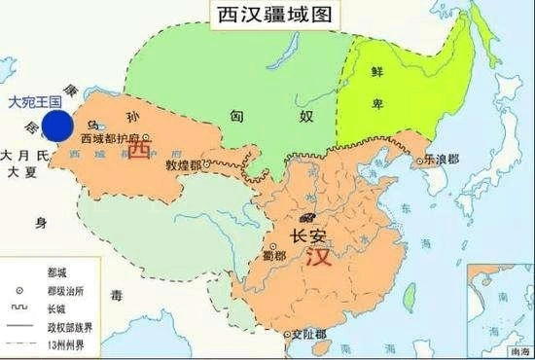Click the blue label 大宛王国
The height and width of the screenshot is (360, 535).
(x=35, y=100)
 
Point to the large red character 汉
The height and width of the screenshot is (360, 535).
(x=317, y=260)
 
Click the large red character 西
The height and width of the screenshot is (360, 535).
(x=141, y=152)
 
